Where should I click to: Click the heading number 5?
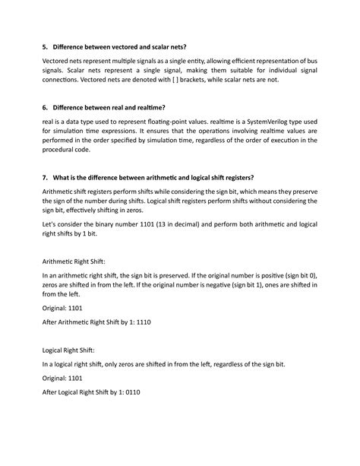point(45,49)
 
